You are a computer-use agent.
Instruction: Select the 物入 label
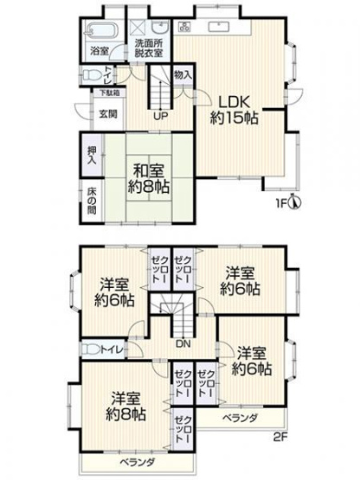coord(183,76)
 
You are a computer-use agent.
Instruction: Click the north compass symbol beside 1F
coord(294,205)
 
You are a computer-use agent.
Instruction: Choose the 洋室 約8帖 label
coord(128,406)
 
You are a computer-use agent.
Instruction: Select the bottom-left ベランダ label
coord(127,463)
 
